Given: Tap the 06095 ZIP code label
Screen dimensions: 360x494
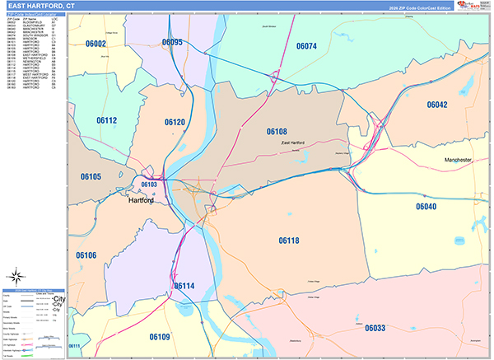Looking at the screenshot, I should (172, 42).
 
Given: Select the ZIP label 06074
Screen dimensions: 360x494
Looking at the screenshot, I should (306, 46).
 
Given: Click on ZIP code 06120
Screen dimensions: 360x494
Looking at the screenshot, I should (175, 122).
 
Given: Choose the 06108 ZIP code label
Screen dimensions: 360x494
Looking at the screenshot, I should (277, 131).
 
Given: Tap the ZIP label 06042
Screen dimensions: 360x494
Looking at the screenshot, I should (437, 105).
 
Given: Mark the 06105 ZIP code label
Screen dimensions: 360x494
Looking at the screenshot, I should (91, 176).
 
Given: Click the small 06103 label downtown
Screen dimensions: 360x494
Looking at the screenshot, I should (148, 185).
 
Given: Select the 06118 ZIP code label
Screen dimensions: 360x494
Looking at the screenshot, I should (289, 240).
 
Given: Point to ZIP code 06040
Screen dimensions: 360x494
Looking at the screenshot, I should (426, 206).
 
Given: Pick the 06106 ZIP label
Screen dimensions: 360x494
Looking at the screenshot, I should (86, 255).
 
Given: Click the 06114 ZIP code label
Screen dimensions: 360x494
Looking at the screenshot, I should (184, 286).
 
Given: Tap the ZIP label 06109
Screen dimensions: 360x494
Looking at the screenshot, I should (160, 336).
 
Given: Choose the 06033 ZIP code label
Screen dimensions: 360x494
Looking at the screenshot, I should (375, 328).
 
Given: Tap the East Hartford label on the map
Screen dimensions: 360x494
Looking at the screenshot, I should (292, 143).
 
